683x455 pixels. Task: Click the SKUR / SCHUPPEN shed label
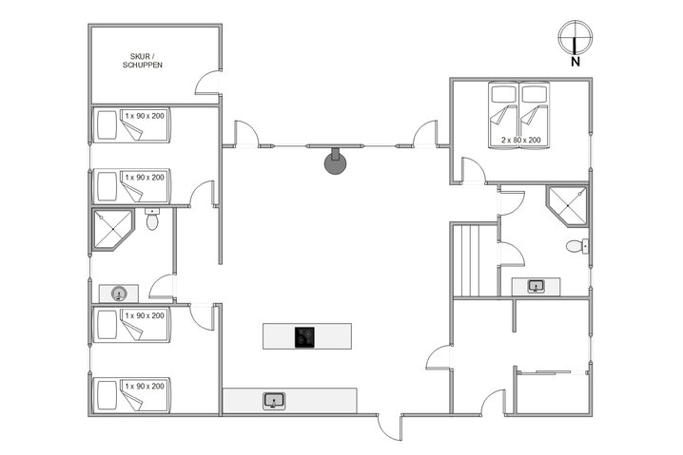143,61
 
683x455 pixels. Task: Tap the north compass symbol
576,38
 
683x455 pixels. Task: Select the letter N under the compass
576,63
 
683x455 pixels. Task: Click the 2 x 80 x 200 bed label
520,140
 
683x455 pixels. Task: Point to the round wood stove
336,161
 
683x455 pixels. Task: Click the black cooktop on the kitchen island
305,336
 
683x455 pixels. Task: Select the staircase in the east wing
473,260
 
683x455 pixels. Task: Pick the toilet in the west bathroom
152,220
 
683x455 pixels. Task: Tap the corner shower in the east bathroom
567,205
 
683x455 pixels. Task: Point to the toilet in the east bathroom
575,247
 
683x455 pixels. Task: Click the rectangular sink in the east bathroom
535,286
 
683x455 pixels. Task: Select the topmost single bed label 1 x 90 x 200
145,116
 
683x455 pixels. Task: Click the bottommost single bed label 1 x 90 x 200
145,386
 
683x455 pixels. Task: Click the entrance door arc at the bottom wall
390,427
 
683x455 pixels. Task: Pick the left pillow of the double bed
504,94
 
